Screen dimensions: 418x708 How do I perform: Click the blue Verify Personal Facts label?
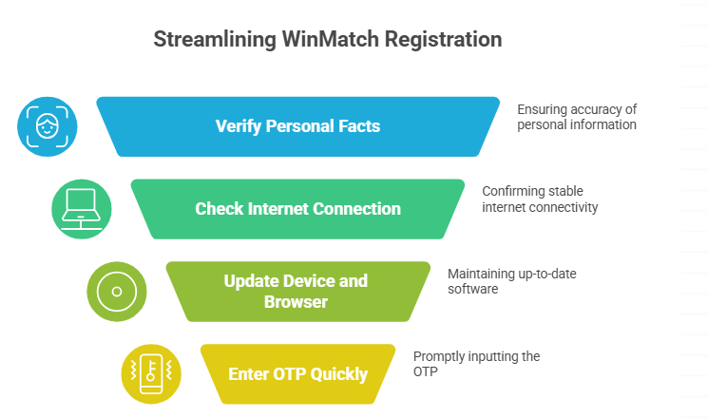[x=297, y=126]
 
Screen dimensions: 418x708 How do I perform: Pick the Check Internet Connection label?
[x=297, y=208]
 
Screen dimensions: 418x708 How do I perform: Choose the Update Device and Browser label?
[x=296, y=291]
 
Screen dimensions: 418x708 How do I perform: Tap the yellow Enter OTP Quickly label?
[x=297, y=373]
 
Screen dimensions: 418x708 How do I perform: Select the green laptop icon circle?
[x=81, y=209]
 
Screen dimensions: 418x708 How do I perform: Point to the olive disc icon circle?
[x=116, y=291]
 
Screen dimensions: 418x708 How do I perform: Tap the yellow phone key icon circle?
[x=151, y=373]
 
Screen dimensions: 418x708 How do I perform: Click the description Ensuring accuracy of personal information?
[x=576, y=117]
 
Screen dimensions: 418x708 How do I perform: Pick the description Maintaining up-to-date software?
[x=511, y=281]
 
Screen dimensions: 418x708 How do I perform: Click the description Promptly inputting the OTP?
[x=476, y=364]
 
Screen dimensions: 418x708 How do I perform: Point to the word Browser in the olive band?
[x=296, y=302]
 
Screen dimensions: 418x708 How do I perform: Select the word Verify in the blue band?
[x=238, y=126]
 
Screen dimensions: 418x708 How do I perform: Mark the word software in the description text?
[x=473, y=289]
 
